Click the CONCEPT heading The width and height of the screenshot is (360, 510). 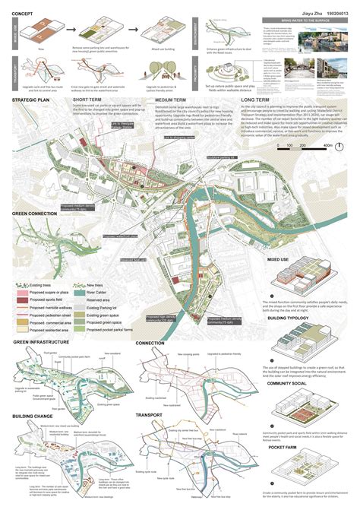23,13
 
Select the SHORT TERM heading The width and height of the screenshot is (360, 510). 90,100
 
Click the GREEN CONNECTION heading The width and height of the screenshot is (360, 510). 37,214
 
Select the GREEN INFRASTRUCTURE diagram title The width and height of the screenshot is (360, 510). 41,344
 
